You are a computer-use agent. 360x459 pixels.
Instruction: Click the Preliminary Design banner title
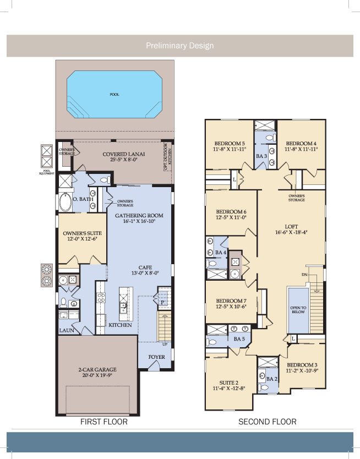tap(179, 46)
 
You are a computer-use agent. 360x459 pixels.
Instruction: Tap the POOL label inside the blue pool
tap(114, 94)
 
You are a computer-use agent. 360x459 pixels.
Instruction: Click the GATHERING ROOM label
tap(139, 215)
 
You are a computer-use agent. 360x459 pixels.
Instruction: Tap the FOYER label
tap(156, 357)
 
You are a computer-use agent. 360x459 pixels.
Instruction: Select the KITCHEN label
tap(120, 325)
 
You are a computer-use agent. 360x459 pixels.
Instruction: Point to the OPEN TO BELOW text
tap(297, 310)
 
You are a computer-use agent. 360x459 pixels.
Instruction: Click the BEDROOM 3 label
tap(302, 365)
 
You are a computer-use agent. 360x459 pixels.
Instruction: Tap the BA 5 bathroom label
tap(239, 338)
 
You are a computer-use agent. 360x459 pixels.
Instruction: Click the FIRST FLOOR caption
tap(104, 422)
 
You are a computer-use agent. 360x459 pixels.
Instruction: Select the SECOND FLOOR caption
tap(267, 422)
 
